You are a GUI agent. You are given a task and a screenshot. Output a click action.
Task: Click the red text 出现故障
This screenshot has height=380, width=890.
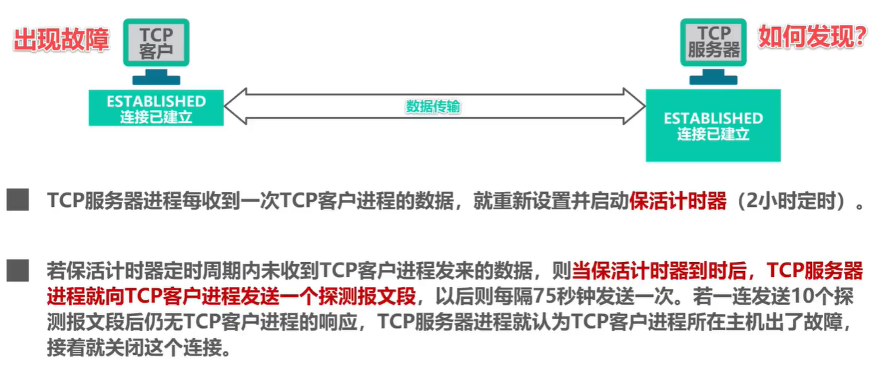tap(61, 40)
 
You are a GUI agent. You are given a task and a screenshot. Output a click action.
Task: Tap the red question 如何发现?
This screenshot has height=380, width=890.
tap(811, 37)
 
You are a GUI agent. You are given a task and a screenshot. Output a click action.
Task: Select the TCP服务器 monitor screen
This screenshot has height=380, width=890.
tap(714, 42)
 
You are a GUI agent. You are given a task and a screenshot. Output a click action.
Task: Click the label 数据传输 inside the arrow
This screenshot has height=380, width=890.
tap(433, 106)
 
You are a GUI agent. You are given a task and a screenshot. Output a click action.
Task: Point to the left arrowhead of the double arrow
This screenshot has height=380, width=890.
tap(235, 106)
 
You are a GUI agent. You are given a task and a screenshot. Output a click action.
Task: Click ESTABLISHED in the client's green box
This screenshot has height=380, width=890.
tap(156, 102)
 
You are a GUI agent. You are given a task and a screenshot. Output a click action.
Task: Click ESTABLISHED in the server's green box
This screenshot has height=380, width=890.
tap(713, 119)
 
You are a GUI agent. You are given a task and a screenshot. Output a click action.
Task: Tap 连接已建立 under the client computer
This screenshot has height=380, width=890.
tap(156, 117)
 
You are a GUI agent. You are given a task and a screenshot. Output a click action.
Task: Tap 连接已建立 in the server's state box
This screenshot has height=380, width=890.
tap(713, 135)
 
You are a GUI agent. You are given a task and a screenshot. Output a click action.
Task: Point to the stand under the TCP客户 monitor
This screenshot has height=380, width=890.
tap(156, 77)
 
